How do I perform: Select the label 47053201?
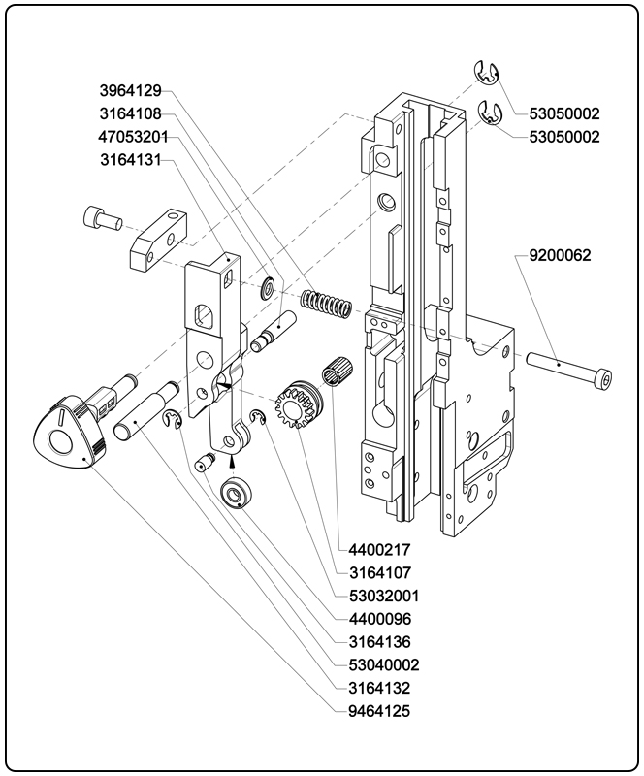pos(133,137)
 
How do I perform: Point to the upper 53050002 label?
pos(564,113)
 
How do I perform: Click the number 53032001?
pos(384,595)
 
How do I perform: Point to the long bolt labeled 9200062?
pos(571,373)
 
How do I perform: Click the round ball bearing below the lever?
pos(237,494)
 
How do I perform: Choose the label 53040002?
pos(384,664)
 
